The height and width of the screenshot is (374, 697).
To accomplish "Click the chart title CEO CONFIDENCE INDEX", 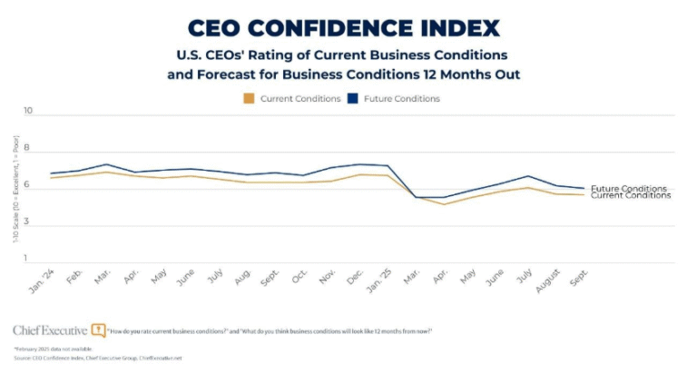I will (x=348, y=27).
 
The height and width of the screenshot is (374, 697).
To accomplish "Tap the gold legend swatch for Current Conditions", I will (x=249, y=98).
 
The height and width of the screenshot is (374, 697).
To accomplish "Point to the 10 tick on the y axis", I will (x=27, y=112).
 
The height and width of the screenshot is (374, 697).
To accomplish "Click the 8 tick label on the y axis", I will (x=27, y=149).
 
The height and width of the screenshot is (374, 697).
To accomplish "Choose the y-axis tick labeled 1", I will (x=27, y=260).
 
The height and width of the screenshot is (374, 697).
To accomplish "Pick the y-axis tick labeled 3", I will (x=27, y=222).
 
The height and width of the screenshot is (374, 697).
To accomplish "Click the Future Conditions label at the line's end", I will (x=628, y=189).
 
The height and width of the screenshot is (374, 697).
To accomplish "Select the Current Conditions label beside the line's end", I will (x=630, y=196).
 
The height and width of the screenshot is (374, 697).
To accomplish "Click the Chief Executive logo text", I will (x=50, y=330).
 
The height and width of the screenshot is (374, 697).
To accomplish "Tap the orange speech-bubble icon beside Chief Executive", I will (x=99, y=330).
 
